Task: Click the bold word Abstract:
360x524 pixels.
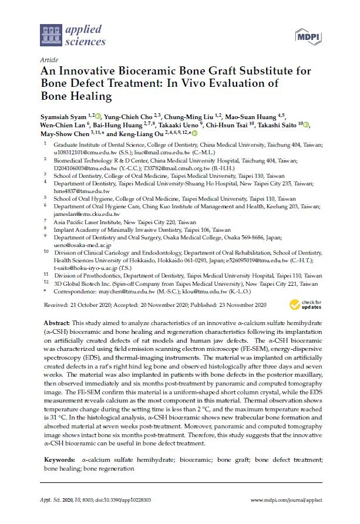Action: [x=58, y=324]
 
